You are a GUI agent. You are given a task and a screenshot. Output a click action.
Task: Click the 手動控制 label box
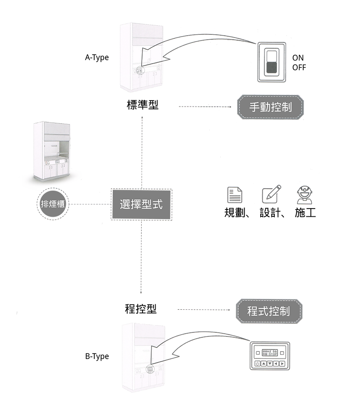pos(270,107)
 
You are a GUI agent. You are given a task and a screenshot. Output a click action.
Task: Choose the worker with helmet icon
pos(305,195)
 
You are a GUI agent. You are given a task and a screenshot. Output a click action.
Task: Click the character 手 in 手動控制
pos(254,107)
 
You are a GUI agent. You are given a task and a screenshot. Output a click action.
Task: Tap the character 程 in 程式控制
pos(253,311)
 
